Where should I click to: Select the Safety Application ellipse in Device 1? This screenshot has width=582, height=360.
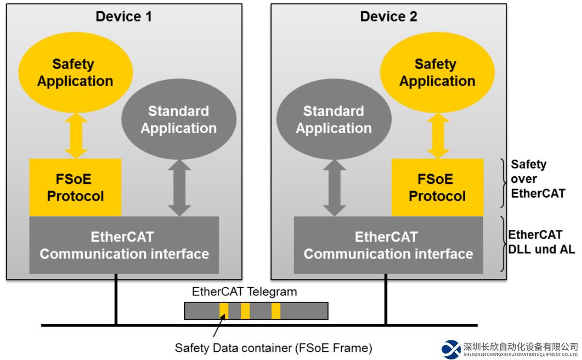coord(75,72)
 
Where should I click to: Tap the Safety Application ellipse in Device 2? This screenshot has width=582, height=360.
coord(437,72)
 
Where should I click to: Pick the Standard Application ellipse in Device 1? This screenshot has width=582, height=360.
coord(178,120)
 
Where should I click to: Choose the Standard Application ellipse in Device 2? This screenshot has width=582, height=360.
coord(333,120)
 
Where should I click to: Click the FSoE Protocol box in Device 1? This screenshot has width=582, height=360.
coord(75,187)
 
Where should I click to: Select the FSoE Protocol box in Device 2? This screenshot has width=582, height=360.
coord(437,187)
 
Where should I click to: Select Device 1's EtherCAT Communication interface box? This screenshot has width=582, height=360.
coord(124,245)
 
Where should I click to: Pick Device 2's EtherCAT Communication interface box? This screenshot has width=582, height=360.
coord(388,245)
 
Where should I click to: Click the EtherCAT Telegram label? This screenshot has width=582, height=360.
coord(244,291)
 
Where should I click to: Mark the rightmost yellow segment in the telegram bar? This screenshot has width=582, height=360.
coord(276,311)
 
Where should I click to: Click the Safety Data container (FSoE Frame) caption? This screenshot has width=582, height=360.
coord(273,348)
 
